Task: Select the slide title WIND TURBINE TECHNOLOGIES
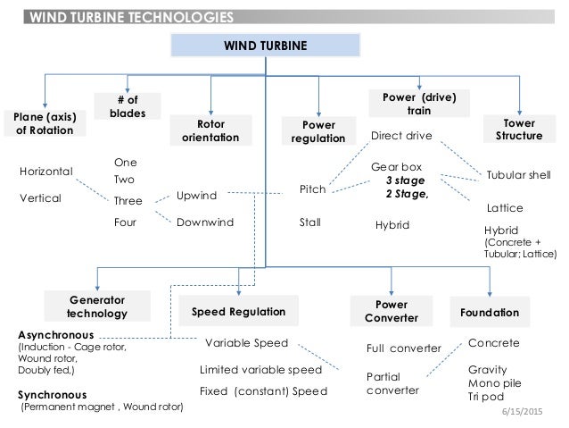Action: click(x=128, y=16)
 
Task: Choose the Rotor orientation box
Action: click(x=210, y=131)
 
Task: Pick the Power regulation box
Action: click(x=317, y=131)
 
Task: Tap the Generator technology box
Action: click(x=95, y=306)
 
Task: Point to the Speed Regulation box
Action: click(x=238, y=311)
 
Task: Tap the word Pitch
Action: click(x=311, y=189)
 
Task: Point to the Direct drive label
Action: click(x=400, y=137)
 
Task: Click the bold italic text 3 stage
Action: click(x=406, y=180)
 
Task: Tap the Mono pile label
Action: click(x=493, y=383)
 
